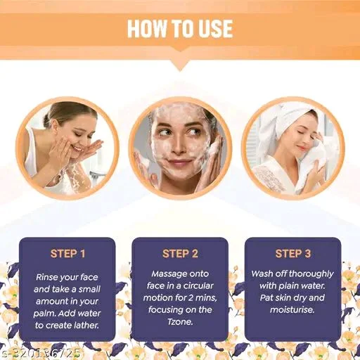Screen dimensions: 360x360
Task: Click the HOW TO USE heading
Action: [x=180, y=29]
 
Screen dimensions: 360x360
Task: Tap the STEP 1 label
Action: [x=67, y=254]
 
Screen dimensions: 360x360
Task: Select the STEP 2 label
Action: [x=180, y=254]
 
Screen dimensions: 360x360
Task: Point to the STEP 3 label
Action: [x=292, y=254]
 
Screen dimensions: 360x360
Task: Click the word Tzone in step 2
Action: [x=180, y=322]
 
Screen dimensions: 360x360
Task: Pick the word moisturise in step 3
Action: [x=292, y=310]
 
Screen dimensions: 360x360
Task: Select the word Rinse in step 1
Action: [x=46, y=277]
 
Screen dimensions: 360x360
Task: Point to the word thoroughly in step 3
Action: [x=311, y=274]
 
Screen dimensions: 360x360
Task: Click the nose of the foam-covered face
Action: [x=178, y=146]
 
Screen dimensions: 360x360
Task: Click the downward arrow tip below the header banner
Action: [x=180, y=71]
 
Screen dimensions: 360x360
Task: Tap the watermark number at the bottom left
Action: [x=40, y=353]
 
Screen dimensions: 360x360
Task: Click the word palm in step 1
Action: [x=44, y=314]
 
